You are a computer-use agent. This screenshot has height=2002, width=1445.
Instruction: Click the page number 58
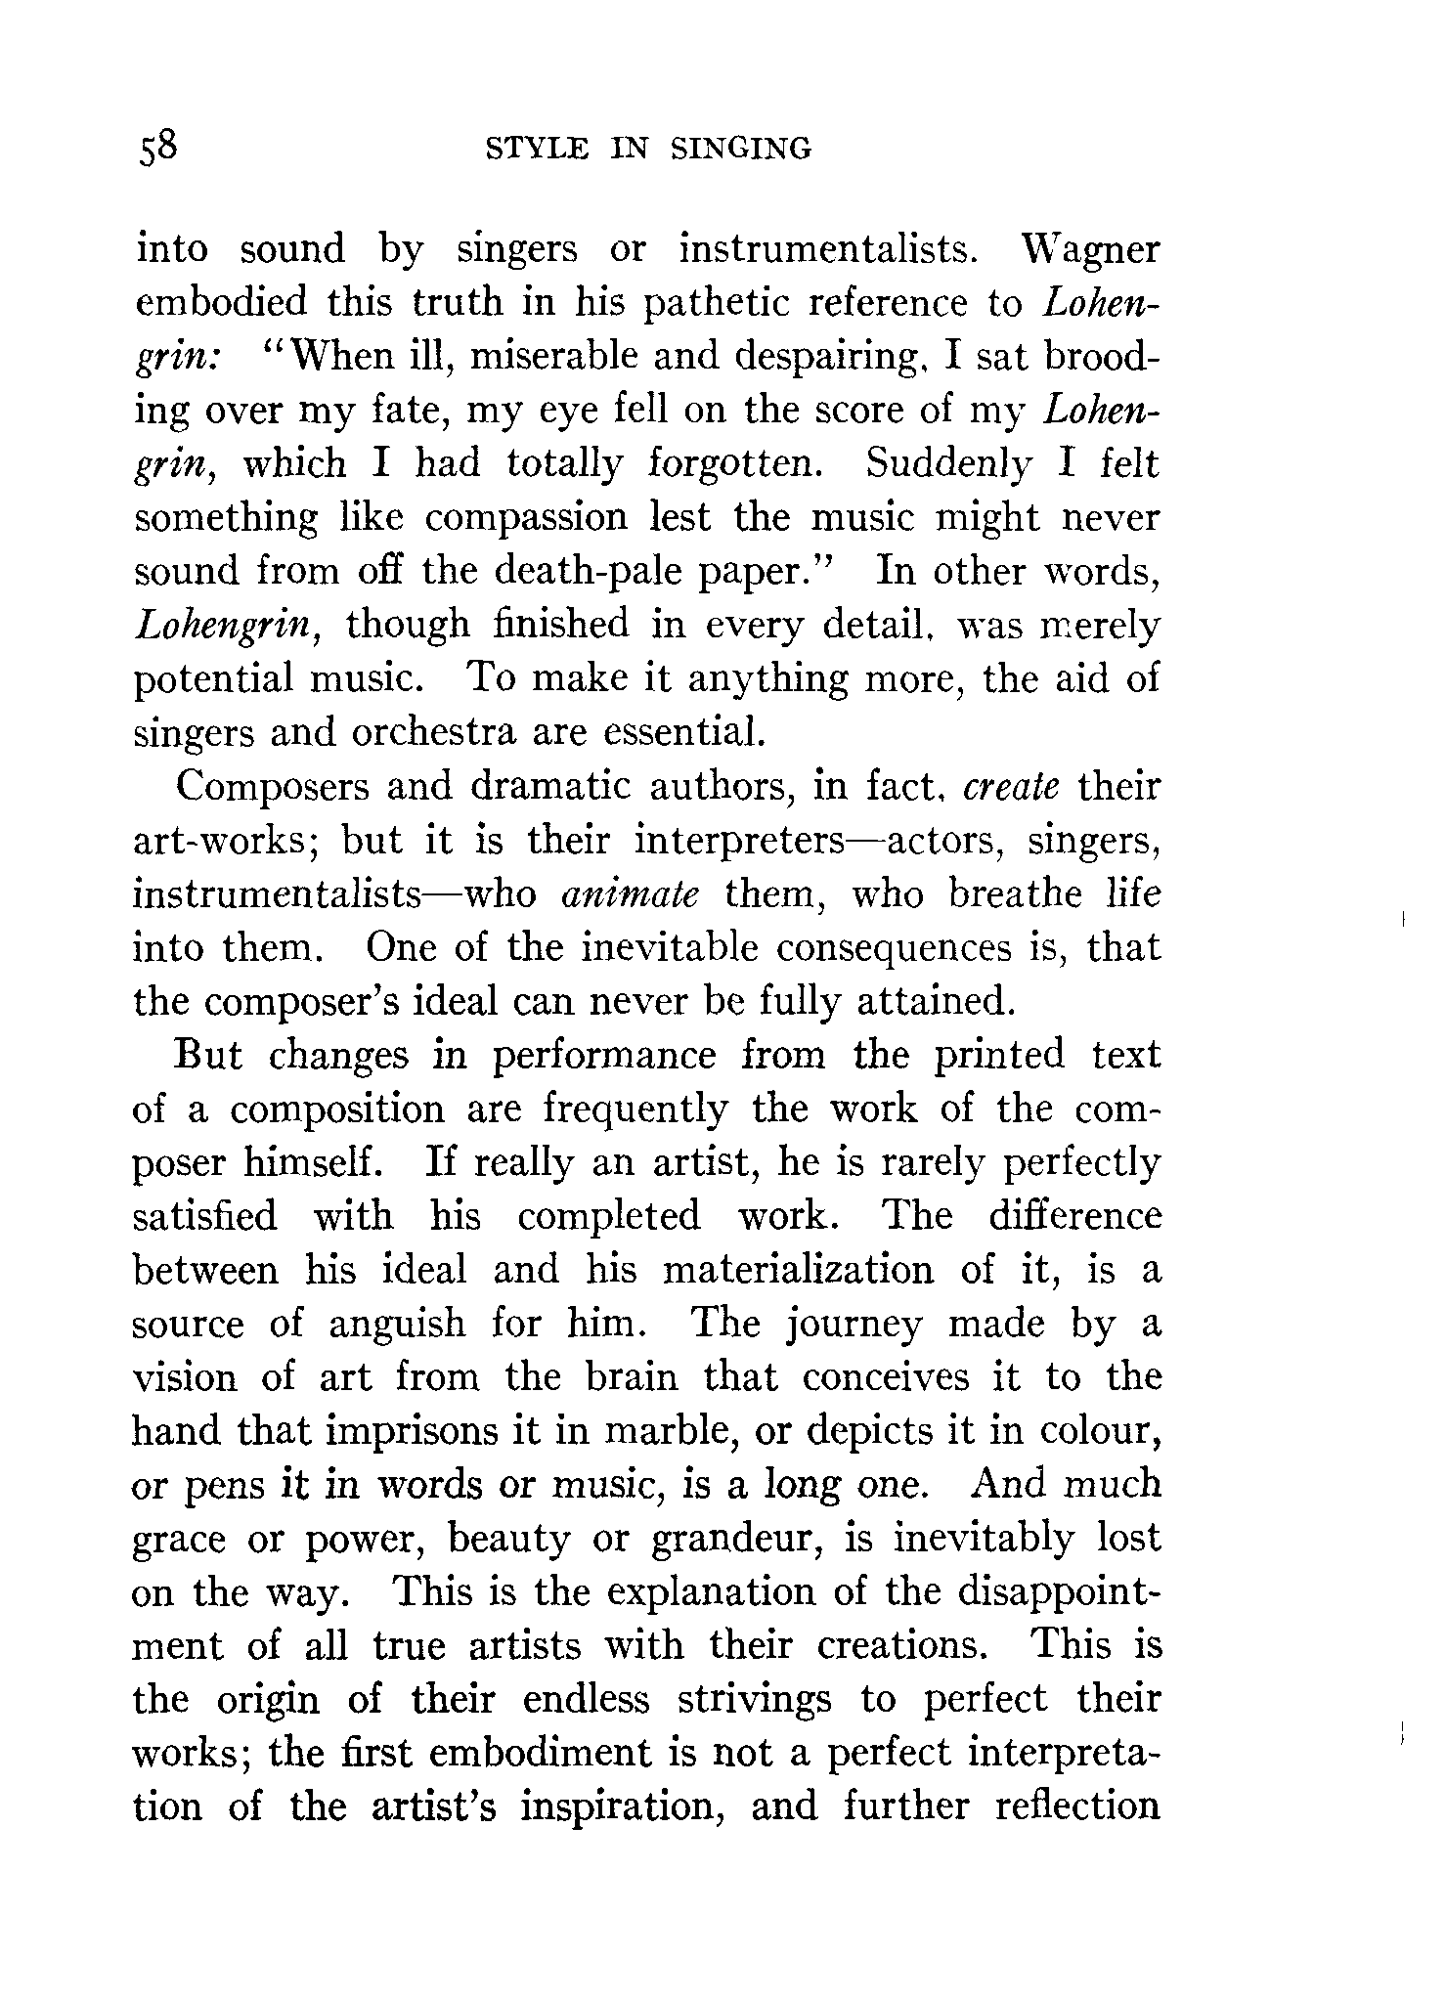tap(157, 149)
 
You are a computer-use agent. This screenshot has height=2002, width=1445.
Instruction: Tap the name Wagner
tap(1090, 250)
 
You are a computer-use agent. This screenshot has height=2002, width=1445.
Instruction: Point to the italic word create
tap(1010, 787)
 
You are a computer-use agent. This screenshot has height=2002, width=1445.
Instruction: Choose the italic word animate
tap(631, 894)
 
